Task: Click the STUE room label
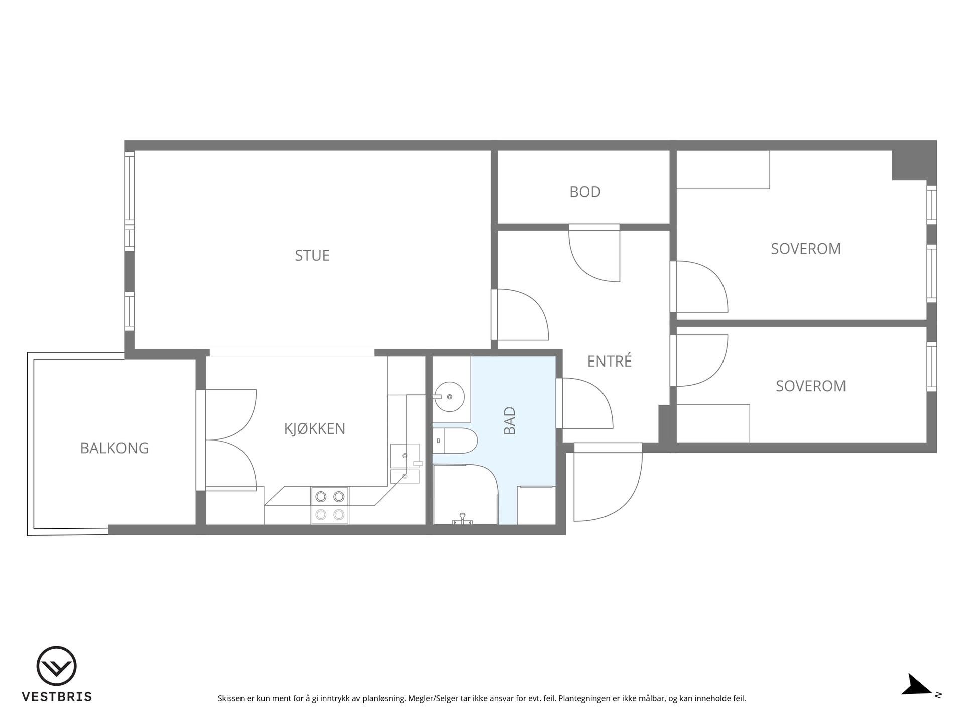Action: click(312, 255)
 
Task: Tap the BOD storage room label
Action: click(585, 192)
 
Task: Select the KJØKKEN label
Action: click(315, 428)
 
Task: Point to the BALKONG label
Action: click(114, 448)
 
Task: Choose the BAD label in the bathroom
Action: click(510, 421)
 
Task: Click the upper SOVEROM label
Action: click(806, 249)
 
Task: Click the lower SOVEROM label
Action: click(811, 386)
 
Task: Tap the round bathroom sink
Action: click(449, 396)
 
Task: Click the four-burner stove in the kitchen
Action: click(330, 506)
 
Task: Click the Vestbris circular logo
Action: click(57, 666)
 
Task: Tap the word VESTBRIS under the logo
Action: click(57, 697)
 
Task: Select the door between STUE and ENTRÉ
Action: click(520, 315)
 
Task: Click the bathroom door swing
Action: click(584, 403)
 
